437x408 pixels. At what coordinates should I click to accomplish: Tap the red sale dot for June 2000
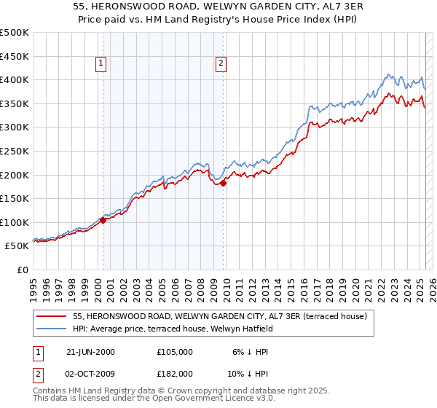[x=103, y=219]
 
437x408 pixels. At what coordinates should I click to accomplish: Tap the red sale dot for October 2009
[x=224, y=183]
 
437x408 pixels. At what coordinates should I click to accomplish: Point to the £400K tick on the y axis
[x=15, y=79]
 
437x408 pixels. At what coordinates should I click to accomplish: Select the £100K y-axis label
[x=15, y=222]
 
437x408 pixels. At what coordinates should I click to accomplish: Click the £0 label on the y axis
[x=22, y=270]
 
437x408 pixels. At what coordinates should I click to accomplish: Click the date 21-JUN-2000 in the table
[x=90, y=352]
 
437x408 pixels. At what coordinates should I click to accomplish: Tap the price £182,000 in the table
[x=176, y=373]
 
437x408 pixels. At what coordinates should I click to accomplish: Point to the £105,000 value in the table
[x=176, y=352]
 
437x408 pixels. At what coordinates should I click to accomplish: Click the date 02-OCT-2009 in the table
[x=90, y=373]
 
